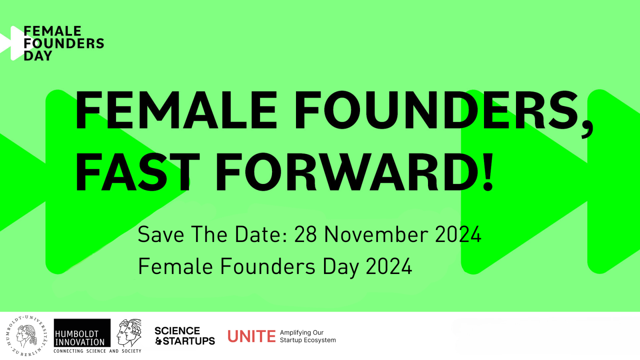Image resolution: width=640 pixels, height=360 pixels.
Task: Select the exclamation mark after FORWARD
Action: pyautogui.click(x=488, y=172)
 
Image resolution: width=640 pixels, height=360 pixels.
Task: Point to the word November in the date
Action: pyautogui.click(x=376, y=234)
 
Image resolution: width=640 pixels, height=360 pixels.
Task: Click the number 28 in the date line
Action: pyautogui.click(x=306, y=234)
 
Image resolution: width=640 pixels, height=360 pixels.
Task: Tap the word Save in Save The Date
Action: pyautogui.click(x=161, y=234)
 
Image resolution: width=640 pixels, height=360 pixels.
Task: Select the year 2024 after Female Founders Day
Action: pyautogui.click(x=388, y=266)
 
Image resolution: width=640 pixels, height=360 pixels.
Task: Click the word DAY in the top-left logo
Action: pyautogui.click(x=38, y=56)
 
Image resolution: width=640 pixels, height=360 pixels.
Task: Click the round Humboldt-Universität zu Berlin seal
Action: pyautogui.click(x=27, y=336)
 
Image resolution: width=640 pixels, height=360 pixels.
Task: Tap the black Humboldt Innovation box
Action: pyautogui.click(x=82, y=333)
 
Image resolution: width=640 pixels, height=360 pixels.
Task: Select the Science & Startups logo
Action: pyautogui.click(x=184, y=336)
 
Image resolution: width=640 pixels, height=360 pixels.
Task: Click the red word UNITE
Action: pyautogui.click(x=252, y=336)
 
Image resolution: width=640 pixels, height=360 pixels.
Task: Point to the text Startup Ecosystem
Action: pyautogui.click(x=308, y=340)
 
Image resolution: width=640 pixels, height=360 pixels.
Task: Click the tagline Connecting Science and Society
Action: pyautogui.click(x=98, y=351)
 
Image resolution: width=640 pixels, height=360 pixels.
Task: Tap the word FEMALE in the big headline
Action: pyautogui.click(x=176, y=110)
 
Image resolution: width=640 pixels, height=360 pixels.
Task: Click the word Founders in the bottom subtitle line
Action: pyautogui.click(x=268, y=266)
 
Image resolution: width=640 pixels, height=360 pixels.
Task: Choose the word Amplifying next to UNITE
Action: pyautogui.click(x=295, y=333)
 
